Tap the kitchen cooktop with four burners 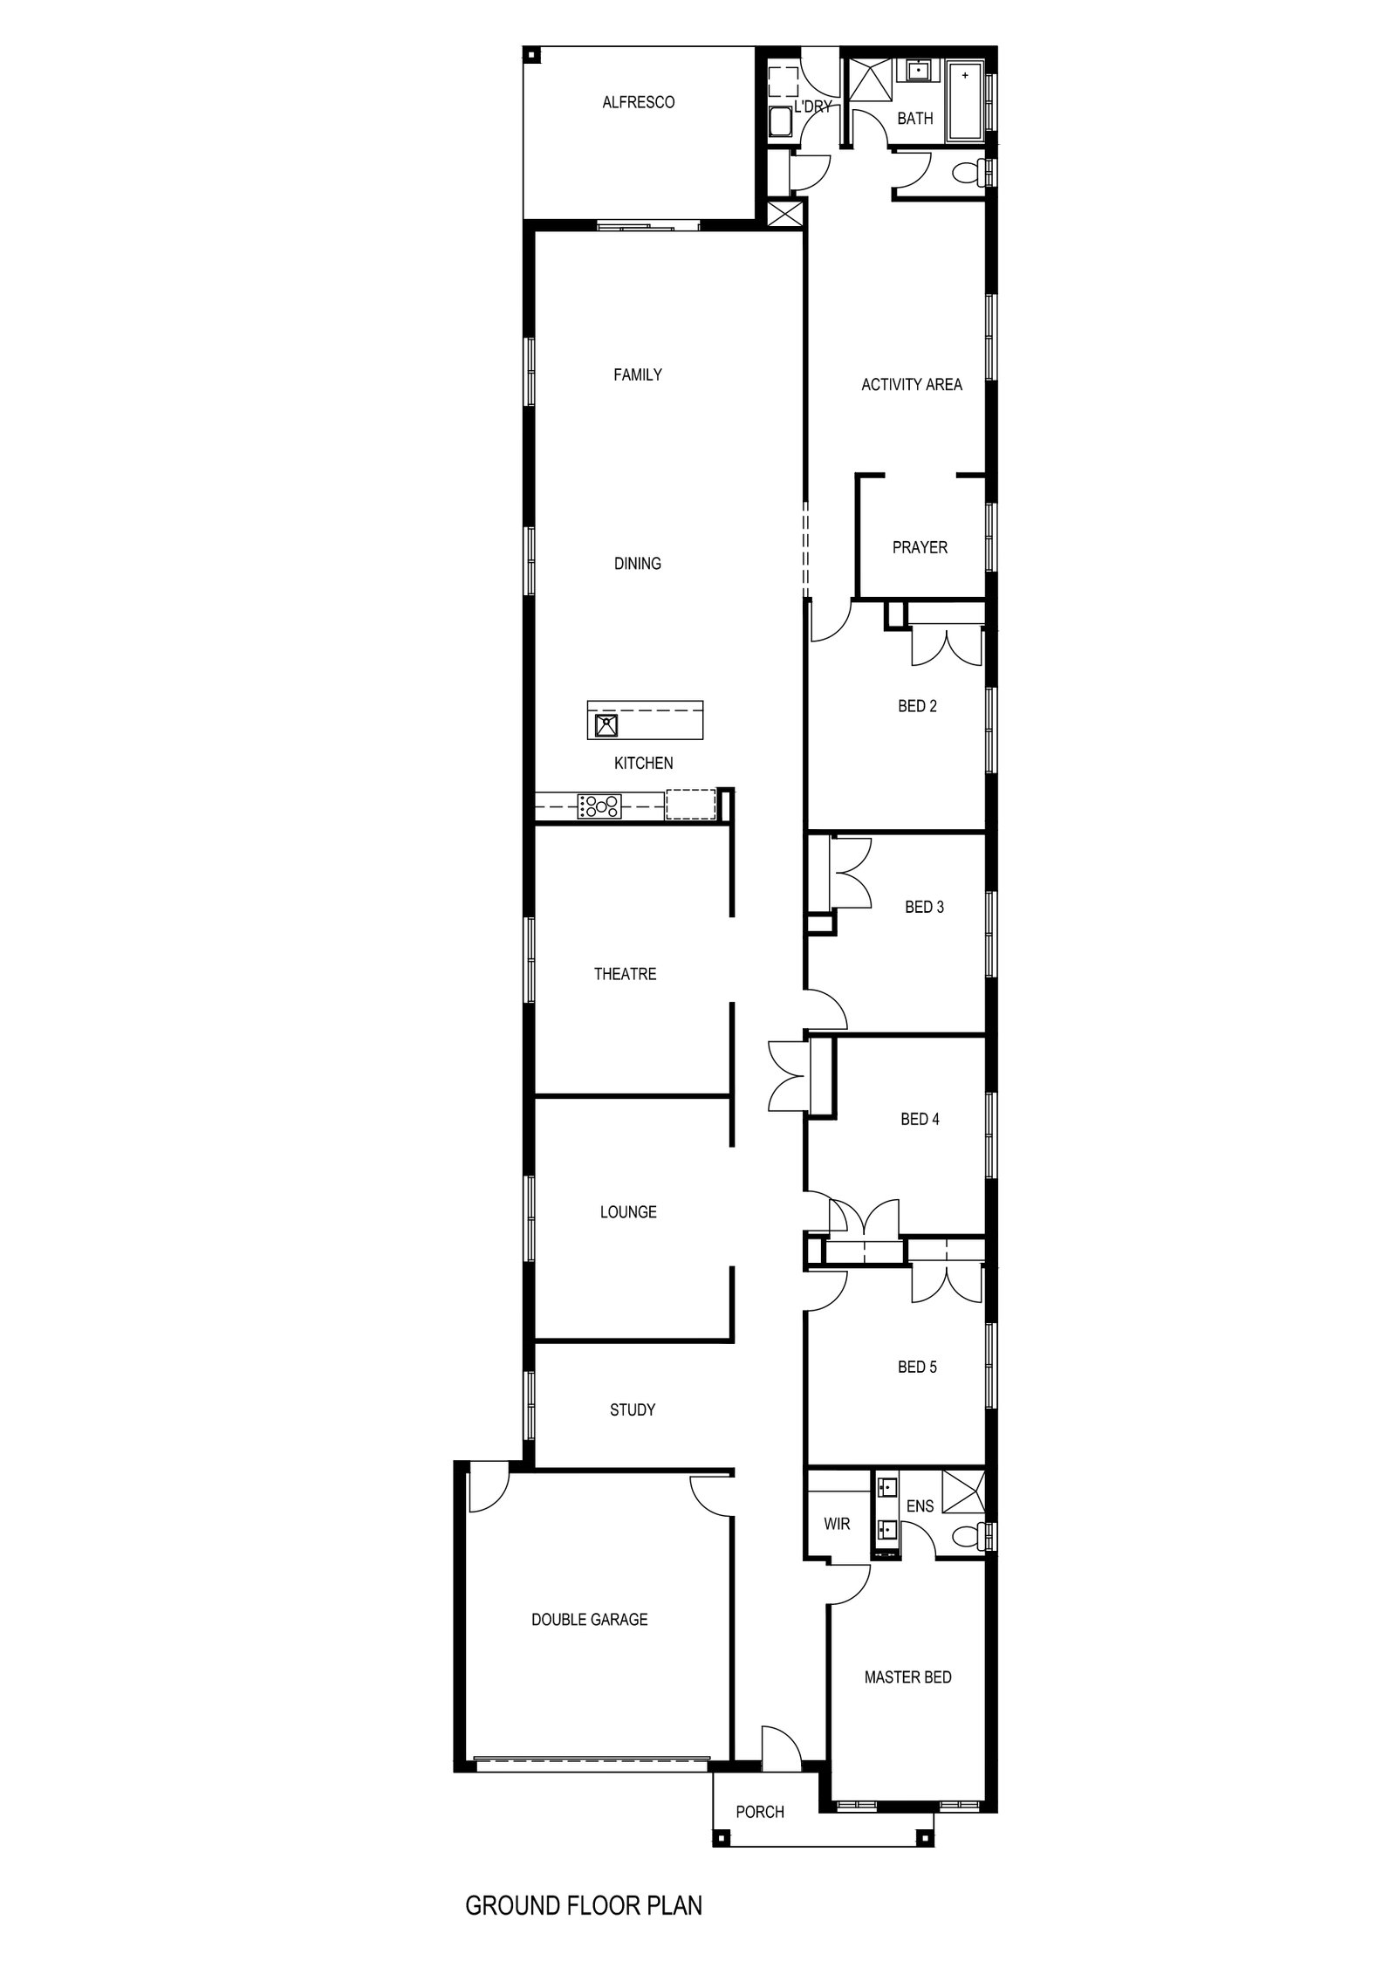(599, 805)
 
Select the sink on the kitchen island (606, 724)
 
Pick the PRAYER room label (920, 547)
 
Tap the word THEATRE (625, 974)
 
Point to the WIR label (837, 1524)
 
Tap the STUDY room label (633, 1409)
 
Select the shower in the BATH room (868, 83)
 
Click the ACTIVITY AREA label (912, 384)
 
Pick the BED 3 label (924, 907)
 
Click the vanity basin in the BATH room (918, 71)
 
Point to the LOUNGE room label (628, 1211)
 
